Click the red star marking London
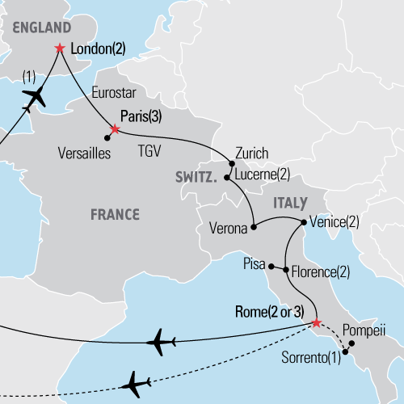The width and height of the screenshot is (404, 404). click(x=60, y=48)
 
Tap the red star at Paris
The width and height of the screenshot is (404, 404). click(x=115, y=129)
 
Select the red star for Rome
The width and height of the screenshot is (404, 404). click(x=315, y=324)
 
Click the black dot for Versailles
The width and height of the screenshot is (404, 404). click(x=107, y=138)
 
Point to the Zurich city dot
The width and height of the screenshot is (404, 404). click(x=229, y=162)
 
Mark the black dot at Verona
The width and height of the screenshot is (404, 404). click(x=253, y=228)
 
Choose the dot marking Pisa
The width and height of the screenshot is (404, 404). click(x=271, y=267)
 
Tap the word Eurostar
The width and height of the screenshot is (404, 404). click(x=116, y=90)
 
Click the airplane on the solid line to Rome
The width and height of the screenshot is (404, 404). click(x=162, y=340)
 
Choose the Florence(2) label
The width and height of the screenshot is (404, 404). click(x=320, y=271)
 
